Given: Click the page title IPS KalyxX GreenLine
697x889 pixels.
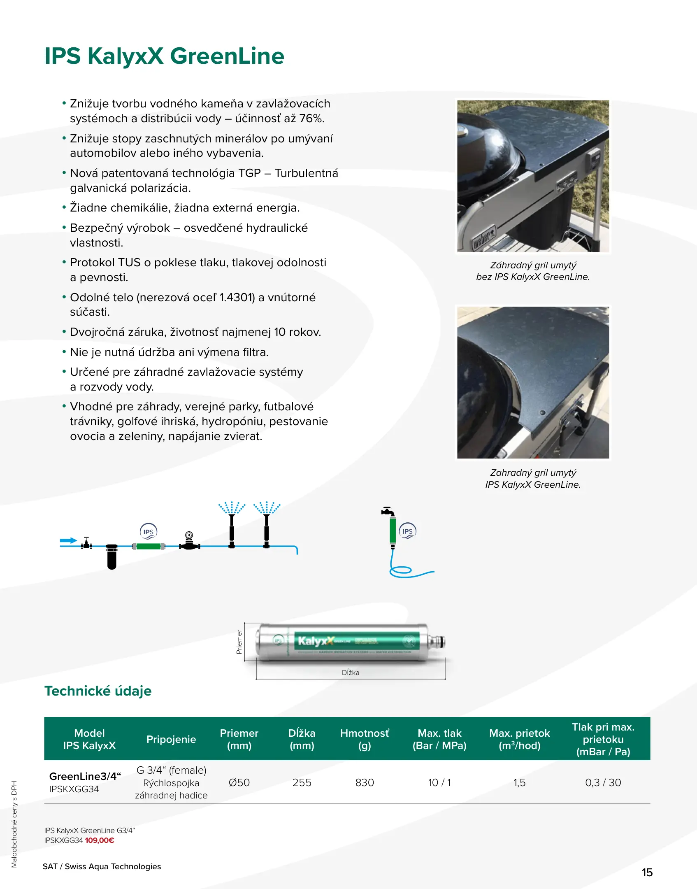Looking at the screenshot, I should (x=164, y=56).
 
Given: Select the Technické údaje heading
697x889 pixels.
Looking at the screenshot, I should (x=98, y=691).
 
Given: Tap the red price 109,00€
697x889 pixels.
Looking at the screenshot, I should (x=100, y=840).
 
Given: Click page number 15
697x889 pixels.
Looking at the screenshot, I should (x=647, y=872).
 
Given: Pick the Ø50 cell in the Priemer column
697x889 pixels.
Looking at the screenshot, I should (x=239, y=782).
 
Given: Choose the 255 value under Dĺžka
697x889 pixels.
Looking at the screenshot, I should (x=302, y=782).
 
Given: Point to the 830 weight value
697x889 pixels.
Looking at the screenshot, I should (x=365, y=782).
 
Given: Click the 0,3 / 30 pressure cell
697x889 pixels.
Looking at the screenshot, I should (x=603, y=782).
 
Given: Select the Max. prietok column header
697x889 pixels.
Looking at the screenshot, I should (x=519, y=739).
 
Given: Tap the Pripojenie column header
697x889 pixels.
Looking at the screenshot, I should (x=171, y=739).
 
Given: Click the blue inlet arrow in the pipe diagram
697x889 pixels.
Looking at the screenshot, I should (x=68, y=540).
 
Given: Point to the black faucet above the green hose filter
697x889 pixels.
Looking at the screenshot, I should (x=388, y=511).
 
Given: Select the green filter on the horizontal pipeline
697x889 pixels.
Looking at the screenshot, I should (x=148, y=546).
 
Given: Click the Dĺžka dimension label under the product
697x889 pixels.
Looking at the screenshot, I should (x=351, y=673).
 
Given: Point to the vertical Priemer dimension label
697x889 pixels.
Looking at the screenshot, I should (x=239, y=642).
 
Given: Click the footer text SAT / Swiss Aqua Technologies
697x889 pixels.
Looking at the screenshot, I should (x=102, y=866).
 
